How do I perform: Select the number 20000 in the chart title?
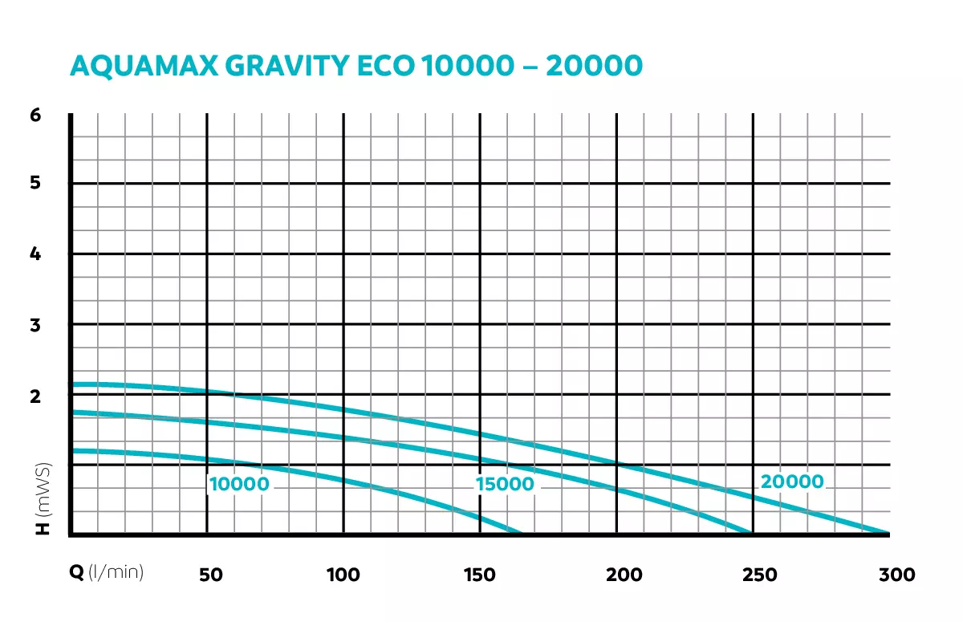coord(594,66)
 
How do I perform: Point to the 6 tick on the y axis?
coord(35,114)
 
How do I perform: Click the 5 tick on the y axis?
coord(35,183)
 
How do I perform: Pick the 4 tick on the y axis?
coord(35,254)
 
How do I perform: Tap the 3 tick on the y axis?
coord(35,325)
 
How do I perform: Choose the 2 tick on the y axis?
coord(35,395)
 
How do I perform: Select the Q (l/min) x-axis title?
coord(105,573)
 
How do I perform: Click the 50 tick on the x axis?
coord(210,575)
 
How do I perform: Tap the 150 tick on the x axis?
coord(480,575)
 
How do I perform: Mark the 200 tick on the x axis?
coord(624,575)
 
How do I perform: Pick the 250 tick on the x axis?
coord(760,575)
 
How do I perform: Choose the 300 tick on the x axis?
coord(896,575)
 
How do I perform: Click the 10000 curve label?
coord(239,485)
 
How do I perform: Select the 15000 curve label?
coord(505,485)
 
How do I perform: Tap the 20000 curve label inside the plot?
coord(792,482)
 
